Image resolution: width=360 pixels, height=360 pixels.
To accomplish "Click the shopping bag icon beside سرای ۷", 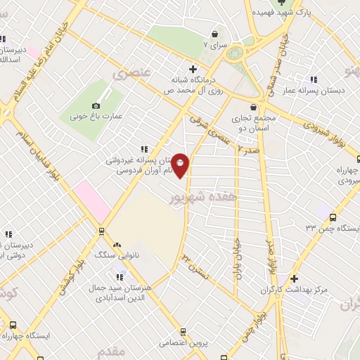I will [x=214, y=34].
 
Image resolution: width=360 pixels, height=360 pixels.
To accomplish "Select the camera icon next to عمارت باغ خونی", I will [x=96, y=105].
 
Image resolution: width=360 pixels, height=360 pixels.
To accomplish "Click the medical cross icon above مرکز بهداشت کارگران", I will [x=294, y=278].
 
